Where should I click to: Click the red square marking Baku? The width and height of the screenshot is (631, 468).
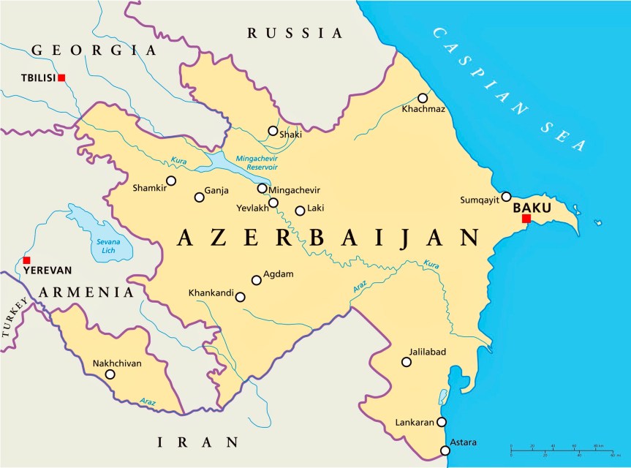coord(526,218)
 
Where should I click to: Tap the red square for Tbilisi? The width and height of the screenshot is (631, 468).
coord(61,78)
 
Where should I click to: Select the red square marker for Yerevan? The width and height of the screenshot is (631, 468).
coord(27,260)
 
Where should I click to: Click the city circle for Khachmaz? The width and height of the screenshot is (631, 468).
coord(423,98)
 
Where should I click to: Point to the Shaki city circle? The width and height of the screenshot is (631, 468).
coord(273,131)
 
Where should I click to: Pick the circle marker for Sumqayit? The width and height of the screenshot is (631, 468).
coord(506,197)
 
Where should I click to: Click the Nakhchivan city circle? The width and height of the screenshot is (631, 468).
coord(110,374)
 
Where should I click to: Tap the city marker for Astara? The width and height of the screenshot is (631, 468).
coord(445,450)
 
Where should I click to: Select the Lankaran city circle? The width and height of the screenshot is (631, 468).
coord(441,422)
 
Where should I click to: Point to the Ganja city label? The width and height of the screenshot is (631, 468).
coord(216,191)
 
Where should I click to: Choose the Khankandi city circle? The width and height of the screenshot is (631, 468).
coord(239,297)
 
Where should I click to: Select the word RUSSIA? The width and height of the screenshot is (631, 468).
coord(295,33)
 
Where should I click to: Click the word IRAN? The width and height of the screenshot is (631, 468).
coord(199,442)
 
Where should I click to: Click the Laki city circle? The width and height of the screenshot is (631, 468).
coord(300,211)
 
